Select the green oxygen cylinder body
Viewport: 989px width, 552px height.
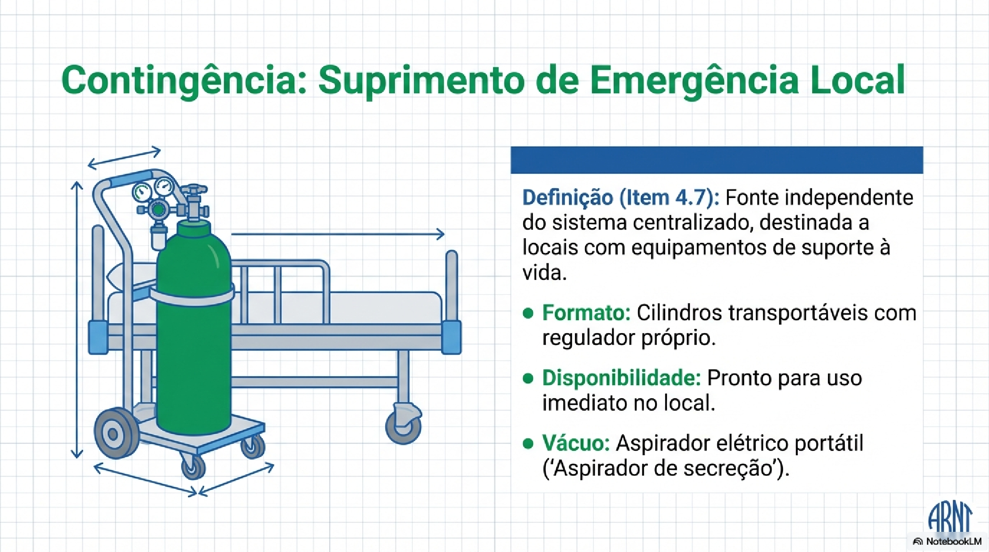pos(194,335)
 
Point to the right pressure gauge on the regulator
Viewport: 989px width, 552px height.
pos(164,186)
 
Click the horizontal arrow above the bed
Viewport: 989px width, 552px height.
pos(338,234)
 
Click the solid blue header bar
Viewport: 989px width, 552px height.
pos(716,160)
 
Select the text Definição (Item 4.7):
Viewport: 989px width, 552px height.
pos(621,198)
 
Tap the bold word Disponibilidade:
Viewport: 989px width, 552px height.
pos(621,378)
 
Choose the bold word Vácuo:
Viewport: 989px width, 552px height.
pos(575,443)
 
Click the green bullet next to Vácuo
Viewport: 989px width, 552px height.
pos(528,443)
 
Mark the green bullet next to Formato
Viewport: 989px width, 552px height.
pos(528,313)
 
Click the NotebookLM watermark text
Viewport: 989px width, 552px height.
pos(954,541)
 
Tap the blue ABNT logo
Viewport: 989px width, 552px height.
pos(950,517)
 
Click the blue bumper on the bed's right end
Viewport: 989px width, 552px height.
pos(451,337)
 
